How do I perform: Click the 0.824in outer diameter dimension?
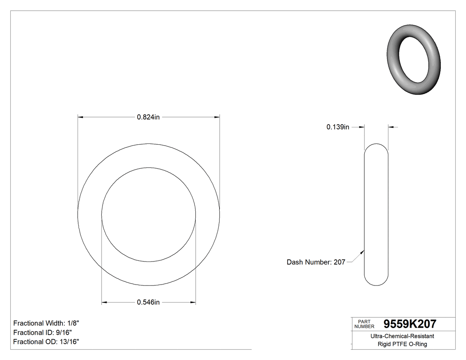(x=148, y=117)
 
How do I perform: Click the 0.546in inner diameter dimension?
(x=148, y=303)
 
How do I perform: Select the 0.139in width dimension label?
(x=338, y=127)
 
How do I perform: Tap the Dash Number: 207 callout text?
(x=316, y=262)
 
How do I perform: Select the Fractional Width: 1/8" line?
(x=47, y=323)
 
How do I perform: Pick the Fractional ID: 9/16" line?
(x=43, y=332)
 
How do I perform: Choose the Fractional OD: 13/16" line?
(x=46, y=342)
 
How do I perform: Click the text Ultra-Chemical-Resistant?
(x=402, y=336)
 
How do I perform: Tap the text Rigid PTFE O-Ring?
(x=402, y=344)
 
